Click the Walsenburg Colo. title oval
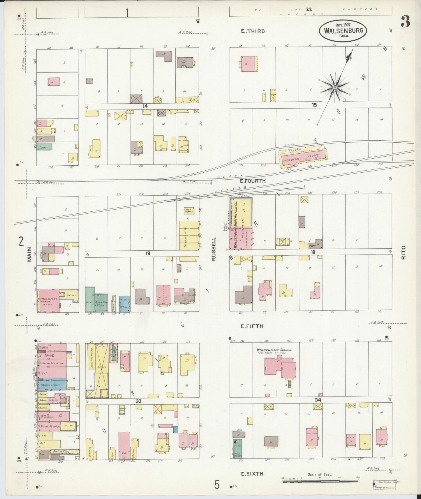pos(343,31)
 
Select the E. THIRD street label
pos(253,31)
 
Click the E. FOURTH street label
pos(253,181)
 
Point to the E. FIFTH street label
pos(252,326)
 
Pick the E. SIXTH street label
pos(252,474)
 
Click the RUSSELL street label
pos(214,248)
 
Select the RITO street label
pos(403,252)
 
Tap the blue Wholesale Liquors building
pos(52,384)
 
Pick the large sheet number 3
pos(405,21)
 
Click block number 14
pos(145,106)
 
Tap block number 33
pos(138,401)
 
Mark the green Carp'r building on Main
pos(44,147)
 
